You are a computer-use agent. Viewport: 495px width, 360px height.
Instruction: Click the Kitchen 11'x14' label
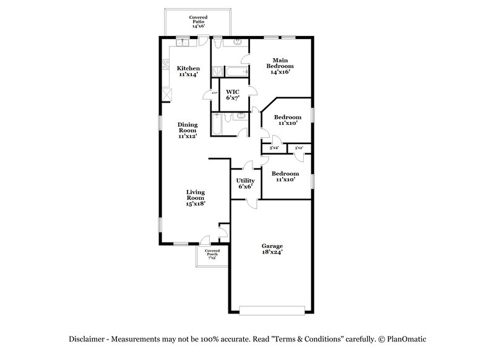pos(187,71)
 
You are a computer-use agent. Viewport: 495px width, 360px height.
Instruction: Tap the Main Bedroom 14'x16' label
pos(280,65)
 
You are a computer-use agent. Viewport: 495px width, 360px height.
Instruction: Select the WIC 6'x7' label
pos(233,95)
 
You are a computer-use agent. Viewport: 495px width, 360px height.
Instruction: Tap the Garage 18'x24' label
pos(272,249)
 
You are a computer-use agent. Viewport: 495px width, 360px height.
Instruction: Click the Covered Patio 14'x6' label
pos(198,22)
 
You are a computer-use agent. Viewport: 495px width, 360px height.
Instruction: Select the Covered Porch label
pos(212,253)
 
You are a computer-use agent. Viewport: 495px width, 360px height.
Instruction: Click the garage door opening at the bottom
pos(272,310)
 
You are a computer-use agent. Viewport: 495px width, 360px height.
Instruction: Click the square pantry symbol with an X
pos(166,95)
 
